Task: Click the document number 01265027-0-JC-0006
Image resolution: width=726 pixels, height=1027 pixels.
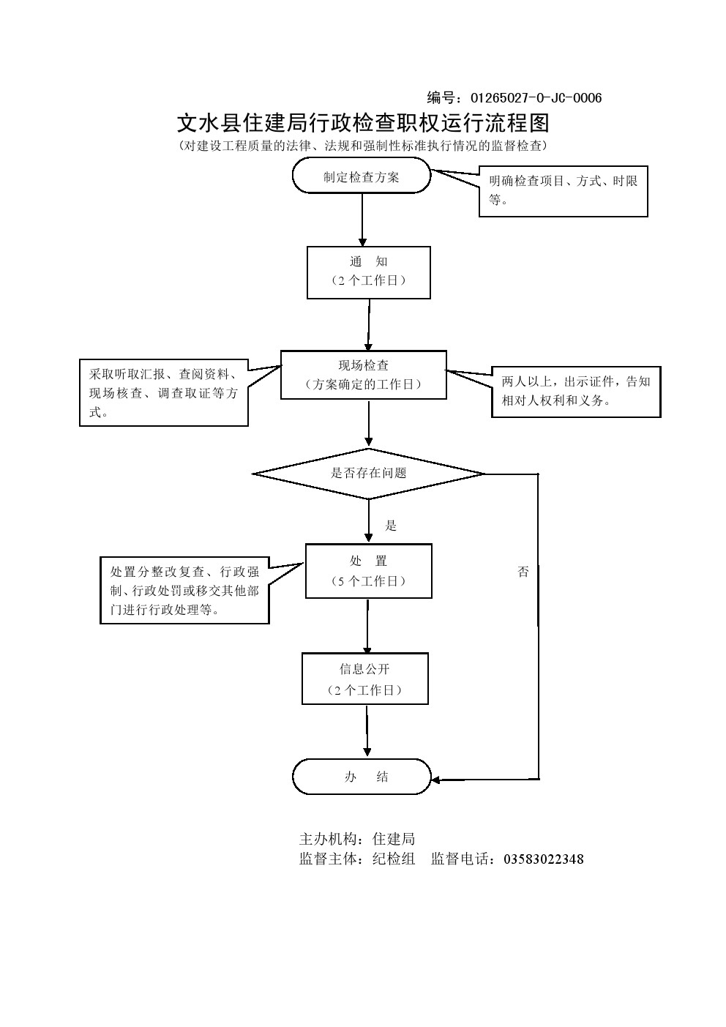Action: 536,98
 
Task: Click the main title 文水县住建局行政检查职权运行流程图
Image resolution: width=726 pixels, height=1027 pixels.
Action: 363,122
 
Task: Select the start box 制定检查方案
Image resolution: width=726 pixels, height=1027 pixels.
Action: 362,177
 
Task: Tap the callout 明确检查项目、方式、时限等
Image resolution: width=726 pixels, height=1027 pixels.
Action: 564,190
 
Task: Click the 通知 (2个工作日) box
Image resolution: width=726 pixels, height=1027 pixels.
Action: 368,272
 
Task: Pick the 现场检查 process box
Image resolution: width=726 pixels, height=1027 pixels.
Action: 363,374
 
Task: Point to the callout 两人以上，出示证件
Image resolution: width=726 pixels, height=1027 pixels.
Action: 576,392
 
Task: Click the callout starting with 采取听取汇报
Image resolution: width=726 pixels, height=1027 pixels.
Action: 163,393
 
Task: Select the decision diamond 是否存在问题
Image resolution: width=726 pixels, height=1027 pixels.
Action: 368,474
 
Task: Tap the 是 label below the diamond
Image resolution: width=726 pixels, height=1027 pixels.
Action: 391,526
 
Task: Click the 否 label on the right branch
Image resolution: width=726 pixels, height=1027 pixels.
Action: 523,572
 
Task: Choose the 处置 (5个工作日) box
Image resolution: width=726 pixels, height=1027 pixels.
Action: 368,571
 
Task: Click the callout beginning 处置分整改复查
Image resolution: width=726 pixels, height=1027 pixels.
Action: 184,591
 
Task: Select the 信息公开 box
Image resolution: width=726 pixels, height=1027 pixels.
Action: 364,679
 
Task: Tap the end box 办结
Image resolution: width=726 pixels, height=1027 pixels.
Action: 362,777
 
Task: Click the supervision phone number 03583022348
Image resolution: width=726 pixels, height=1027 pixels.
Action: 544,859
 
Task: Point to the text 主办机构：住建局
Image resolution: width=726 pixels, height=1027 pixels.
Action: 357,839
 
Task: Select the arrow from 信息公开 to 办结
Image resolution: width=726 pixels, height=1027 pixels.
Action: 367,731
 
